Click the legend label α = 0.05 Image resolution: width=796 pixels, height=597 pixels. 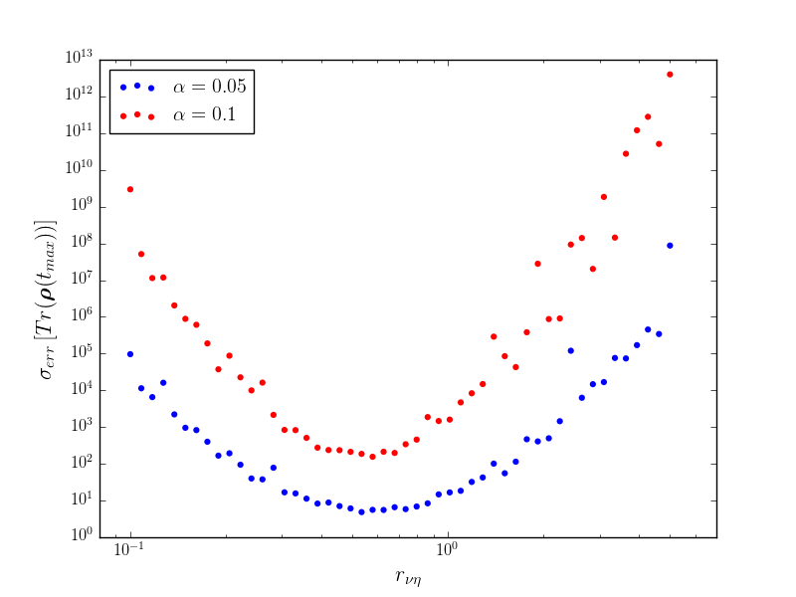point(210,87)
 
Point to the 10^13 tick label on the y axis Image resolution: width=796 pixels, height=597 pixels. point(79,58)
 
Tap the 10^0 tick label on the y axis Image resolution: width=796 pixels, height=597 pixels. point(82,534)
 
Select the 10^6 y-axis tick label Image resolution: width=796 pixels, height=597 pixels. point(82,314)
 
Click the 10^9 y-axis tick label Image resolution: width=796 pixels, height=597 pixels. point(82,204)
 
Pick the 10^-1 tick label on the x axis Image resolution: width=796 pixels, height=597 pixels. point(129,550)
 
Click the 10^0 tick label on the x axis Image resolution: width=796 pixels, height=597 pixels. point(447,550)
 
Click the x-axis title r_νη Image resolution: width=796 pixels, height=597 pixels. point(408,577)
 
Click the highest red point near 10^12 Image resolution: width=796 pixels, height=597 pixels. point(670,75)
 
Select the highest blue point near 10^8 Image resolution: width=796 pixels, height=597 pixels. point(670,246)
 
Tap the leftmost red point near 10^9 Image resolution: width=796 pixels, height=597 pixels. point(130,189)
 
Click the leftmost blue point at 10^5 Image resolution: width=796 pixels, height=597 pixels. point(130,354)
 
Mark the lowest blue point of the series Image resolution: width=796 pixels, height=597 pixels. point(361,512)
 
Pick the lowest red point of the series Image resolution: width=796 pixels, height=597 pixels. point(372,457)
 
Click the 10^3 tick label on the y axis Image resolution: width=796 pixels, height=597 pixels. point(82,425)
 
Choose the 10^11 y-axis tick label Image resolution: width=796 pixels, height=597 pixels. point(79,131)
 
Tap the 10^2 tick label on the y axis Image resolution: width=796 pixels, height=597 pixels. point(82,461)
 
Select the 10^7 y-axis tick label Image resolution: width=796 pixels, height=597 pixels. point(82,278)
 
